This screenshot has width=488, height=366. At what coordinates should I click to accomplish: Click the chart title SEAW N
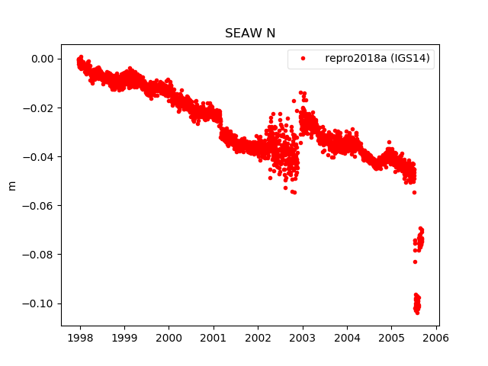(x=249, y=34)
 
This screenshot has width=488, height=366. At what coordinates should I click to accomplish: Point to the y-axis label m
(x=11, y=185)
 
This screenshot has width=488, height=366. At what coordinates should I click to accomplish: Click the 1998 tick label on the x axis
(x=80, y=338)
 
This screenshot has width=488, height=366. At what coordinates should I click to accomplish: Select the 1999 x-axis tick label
(x=124, y=338)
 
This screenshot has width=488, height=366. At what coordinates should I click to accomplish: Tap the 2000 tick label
(x=169, y=338)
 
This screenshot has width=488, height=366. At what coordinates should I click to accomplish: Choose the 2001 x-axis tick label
(x=213, y=338)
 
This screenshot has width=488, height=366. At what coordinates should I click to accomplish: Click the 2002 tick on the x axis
(x=258, y=338)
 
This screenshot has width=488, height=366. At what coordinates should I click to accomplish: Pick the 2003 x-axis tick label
(x=303, y=338)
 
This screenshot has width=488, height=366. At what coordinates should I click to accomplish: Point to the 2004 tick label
(x=347, y=338)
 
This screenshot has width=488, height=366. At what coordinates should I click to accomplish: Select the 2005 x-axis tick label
(x=391, y=338)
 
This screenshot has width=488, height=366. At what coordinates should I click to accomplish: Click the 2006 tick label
(x=436, y=338)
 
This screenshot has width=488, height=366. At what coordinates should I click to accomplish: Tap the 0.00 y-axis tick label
(x=42, y=59)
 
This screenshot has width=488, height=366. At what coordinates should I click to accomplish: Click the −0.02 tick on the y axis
(x=39, y=108)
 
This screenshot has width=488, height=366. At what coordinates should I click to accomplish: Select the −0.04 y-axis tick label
(x=39, y=156)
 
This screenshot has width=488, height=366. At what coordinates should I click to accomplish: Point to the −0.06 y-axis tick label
(x=39, y=205)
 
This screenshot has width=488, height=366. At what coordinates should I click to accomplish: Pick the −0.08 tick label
(x=39, y=254)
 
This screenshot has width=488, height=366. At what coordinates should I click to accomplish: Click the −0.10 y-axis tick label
(x=39, y=303)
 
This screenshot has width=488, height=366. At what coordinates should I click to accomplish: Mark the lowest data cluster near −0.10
(x=417, y=303)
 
